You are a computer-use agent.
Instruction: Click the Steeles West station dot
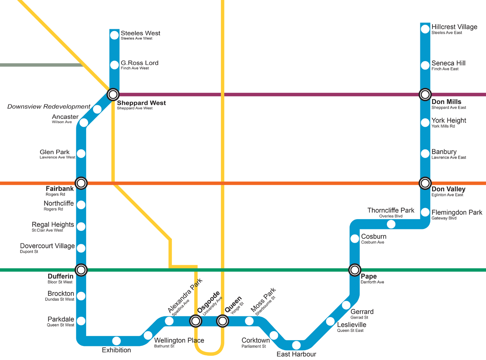coord(114,35)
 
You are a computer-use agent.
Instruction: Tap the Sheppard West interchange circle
coord(113,94)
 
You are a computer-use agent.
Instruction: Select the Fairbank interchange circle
coord(81,183)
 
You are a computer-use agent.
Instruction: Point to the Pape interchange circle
coord(355,270)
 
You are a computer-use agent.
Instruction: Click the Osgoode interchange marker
coord(196,321)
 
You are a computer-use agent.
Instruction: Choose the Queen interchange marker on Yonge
coord(222,321)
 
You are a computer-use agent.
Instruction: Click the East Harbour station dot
coord(296,345)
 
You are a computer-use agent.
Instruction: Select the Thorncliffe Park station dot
coord(391,224)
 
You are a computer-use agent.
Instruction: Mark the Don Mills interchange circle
coord(425,94)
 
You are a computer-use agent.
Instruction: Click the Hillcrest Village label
coord(454,27)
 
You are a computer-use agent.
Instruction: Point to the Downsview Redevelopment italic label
coord(49,107)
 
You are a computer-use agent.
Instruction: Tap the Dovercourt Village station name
coord(47,246)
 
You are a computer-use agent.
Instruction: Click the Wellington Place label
coord(179,340)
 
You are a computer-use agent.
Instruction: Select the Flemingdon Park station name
coord(457,213)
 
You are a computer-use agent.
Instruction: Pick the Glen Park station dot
coord(81,154)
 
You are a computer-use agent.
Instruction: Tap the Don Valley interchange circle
coord(425,183)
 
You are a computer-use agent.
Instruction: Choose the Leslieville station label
coord(352,325)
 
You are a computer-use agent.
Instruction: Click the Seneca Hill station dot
coord(425,65)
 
